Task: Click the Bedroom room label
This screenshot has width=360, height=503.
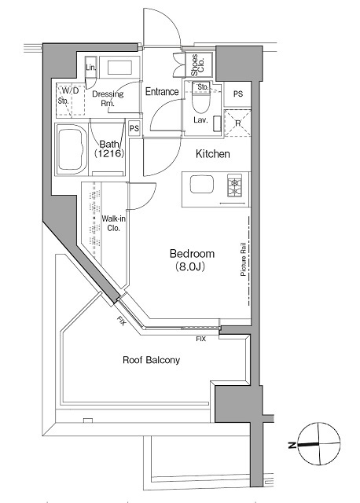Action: (193, 260)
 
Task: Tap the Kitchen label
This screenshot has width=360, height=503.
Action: (212, 154)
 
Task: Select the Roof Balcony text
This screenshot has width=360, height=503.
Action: (152, 361)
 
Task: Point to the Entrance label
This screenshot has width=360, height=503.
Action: (162, 92)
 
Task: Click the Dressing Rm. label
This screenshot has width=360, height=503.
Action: (108, 99)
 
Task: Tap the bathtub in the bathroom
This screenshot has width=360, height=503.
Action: (72, 149)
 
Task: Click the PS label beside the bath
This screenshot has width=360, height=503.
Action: (134, 128)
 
